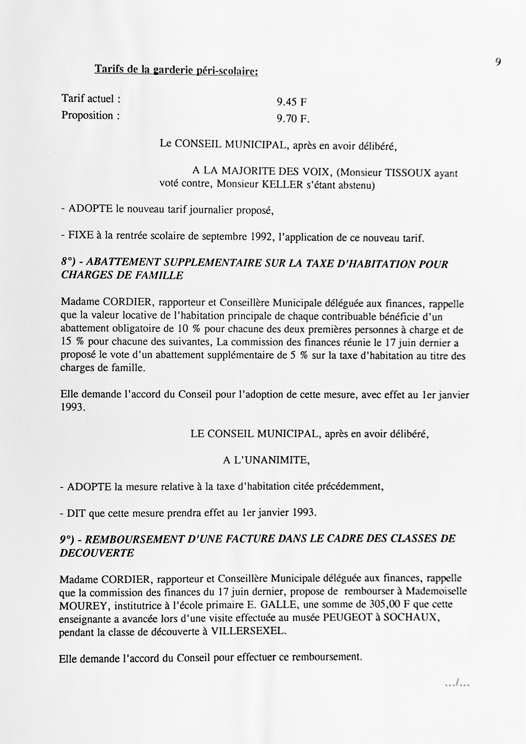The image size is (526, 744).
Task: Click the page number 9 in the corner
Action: [x=498, y=61]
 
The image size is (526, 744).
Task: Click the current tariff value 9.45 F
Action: [x=291, y=102]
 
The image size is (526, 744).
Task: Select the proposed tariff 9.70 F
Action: [x=293, y=119]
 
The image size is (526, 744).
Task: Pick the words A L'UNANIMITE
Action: [x=266, y=460]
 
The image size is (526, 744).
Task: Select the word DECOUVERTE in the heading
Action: [x=97, y=553]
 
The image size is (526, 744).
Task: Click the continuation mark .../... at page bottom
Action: [x=457, y=684]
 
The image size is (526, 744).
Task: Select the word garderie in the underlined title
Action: [x=173, y=70]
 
